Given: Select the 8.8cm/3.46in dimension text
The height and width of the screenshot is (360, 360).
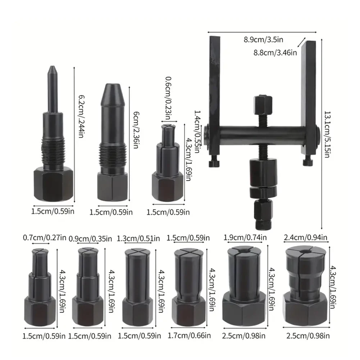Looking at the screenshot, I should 275,53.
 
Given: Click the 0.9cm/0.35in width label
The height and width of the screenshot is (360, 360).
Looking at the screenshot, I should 90,238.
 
